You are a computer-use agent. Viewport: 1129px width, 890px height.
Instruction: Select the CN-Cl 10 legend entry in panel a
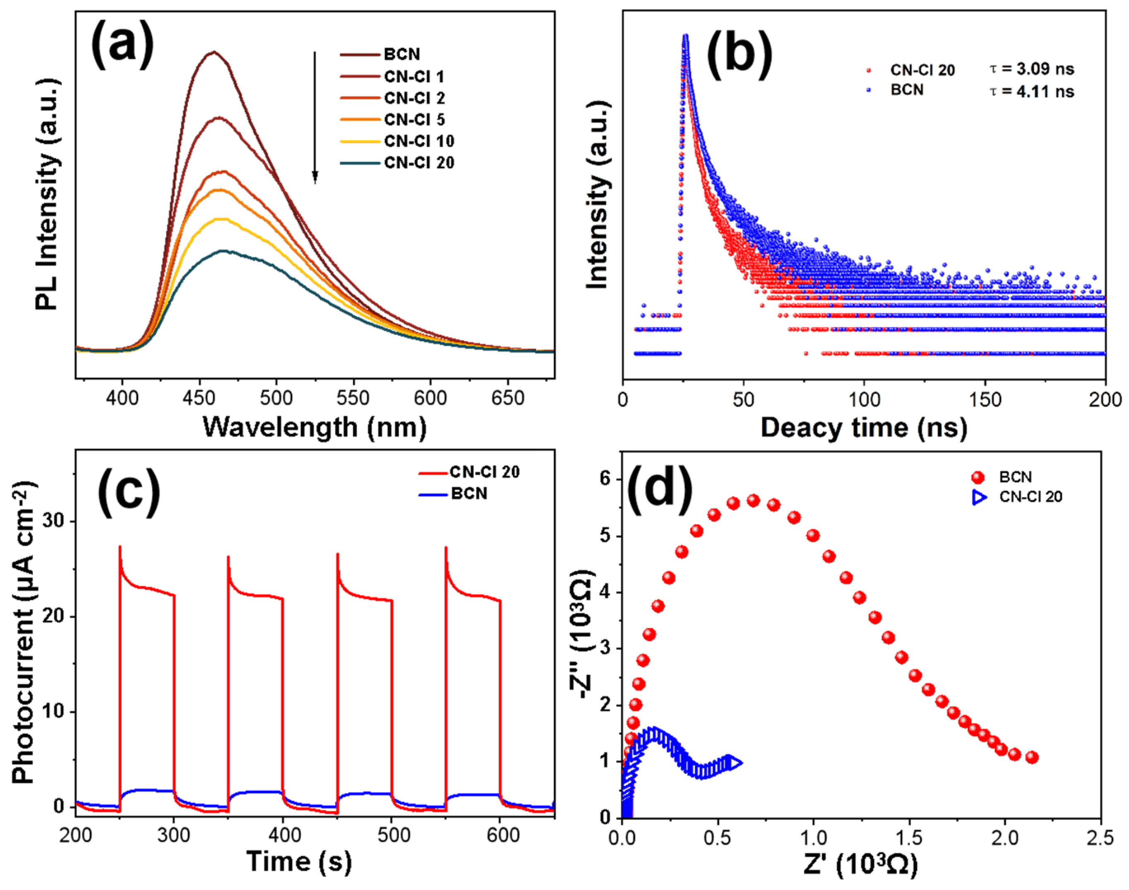coord(418,141)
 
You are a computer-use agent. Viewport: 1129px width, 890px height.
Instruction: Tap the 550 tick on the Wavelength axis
coord(353,398)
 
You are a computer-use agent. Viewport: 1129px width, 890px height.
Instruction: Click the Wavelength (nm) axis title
coord(315,427)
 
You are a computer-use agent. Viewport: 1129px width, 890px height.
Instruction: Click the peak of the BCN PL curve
coord(214,52)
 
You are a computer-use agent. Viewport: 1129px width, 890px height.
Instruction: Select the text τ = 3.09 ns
coord(1032,69)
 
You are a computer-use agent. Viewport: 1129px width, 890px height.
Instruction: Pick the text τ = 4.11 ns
coord(1032,92)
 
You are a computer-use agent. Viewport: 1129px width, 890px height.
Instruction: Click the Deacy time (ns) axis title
coord(864,428)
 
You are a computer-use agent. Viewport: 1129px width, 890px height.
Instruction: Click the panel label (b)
coord(739,55)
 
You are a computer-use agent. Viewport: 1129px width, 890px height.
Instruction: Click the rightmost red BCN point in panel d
coord(1032,758)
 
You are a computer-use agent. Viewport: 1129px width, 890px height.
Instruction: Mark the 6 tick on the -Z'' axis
coord(605,479)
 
